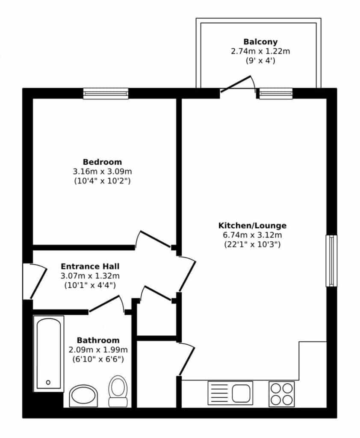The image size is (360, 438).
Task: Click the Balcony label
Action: point(260,42)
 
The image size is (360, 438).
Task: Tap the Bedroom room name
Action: point(102,162)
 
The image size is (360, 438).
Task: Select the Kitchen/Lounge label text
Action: point(252,225)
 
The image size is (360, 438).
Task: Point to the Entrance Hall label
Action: point(90,266)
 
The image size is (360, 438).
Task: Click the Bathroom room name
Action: point(98,340)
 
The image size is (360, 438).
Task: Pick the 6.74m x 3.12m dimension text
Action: point(252,235)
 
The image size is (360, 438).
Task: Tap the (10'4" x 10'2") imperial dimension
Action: point(102,181)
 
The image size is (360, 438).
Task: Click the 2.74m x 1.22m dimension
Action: point(260,51)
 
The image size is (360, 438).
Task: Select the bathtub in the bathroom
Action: point(49,354)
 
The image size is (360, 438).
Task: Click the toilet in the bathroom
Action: point(118,391)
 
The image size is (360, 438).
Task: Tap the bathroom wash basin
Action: point(83,396)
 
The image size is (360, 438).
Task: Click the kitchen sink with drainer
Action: point(230,393)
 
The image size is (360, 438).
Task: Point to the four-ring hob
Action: point(281,394)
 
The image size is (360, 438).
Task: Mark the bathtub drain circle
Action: point(48,382)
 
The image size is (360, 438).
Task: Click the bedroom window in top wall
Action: point(106,94)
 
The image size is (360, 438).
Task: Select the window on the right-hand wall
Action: point(331,261)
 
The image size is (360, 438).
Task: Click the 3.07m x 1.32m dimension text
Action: point(90,276)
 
